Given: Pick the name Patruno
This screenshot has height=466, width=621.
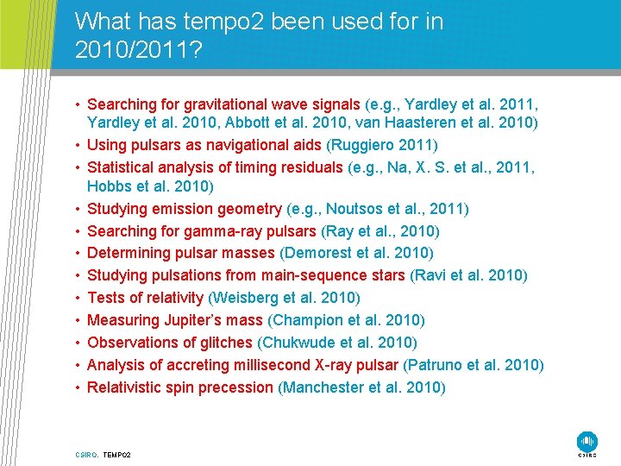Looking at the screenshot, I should tap(436, 365).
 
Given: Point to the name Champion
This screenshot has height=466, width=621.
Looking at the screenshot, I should tap(310, 320).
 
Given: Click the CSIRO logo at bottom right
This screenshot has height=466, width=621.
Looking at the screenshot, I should tap(587, 442).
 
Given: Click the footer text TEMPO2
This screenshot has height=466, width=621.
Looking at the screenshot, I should tap(116, 454).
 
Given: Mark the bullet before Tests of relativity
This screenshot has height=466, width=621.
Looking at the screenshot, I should tap(78, 298).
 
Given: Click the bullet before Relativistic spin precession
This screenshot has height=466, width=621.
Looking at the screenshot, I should tap(78, 387).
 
